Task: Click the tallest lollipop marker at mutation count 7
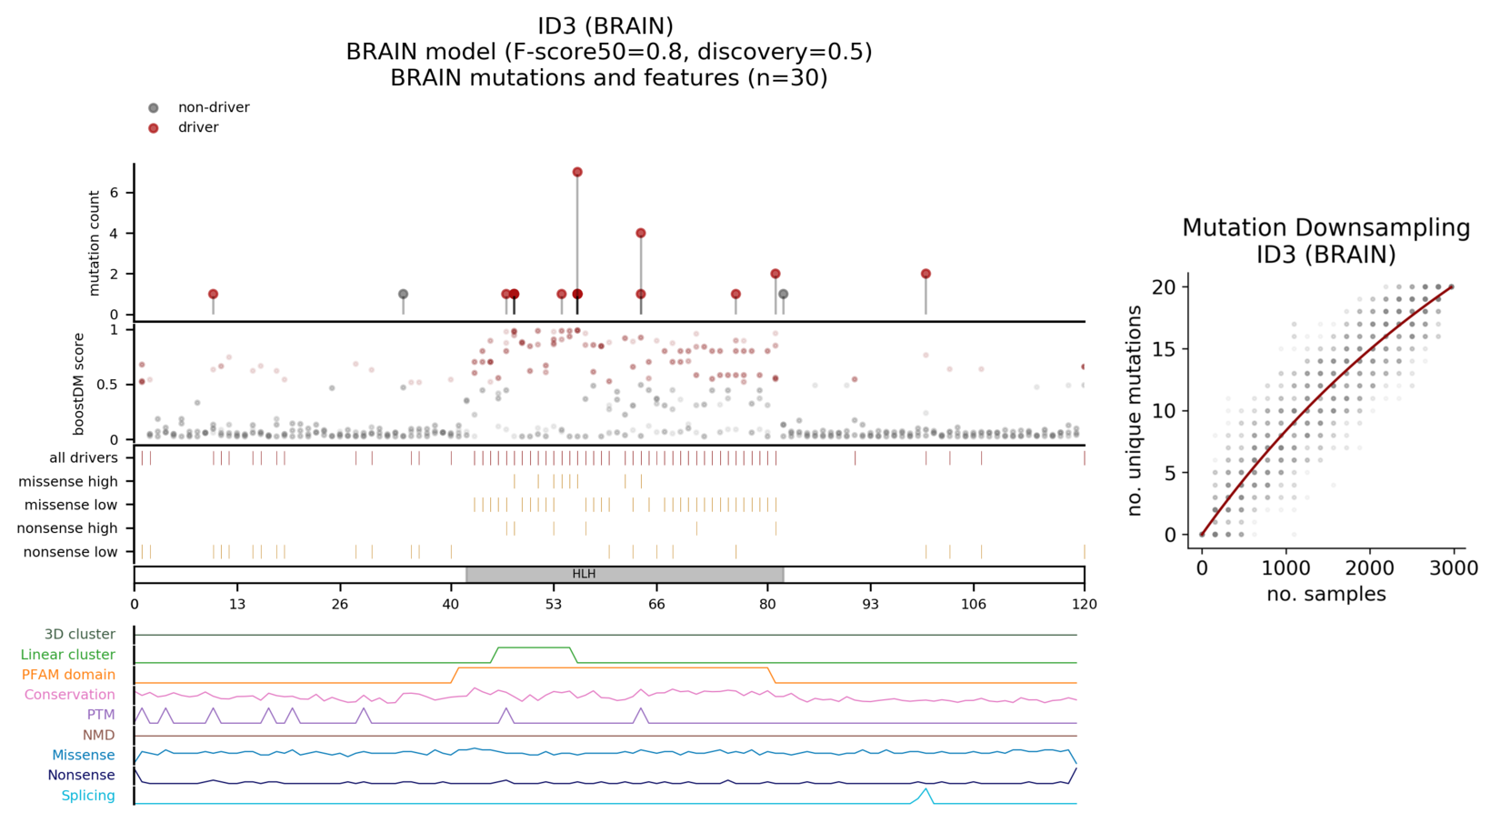(x=577, y=172)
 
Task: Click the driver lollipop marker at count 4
(x=641, y=234)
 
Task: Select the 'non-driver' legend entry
(x=213, y=107)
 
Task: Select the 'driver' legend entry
(x=197, y=127)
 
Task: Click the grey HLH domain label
(x=584, y=574)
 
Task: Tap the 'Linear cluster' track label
(x=68, y=655)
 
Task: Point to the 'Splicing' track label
(x=88, y=796)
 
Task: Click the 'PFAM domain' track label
(x=69, y=675)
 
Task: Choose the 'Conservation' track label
(x=70, y=695)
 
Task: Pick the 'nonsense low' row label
(x=70, y=552)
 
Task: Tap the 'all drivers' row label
(x=84, y=458)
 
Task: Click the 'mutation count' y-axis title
(x=95, y=243)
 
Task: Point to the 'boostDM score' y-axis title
(x=79, y=383)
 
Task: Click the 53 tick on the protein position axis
(x=554, y=604)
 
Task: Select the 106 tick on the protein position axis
(x=973, y=604)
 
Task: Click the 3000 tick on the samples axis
(x=1453, y=568)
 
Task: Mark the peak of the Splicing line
(x=926, y=789)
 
